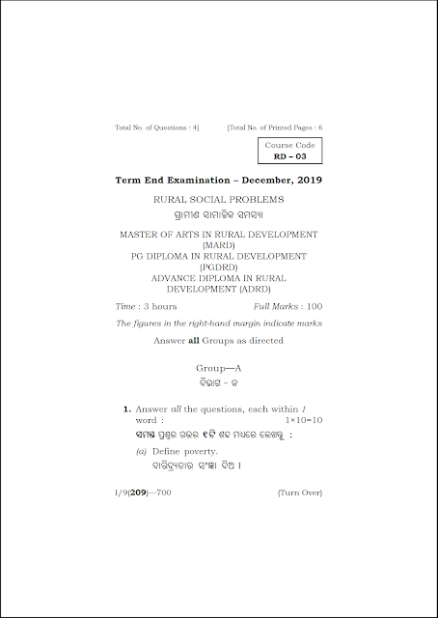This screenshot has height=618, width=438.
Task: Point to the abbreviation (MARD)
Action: [218, 245]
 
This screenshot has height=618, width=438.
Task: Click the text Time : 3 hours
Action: [146, 306]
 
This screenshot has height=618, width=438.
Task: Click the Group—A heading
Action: [218, 369]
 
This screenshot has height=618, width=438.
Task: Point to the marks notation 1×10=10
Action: [304, 421]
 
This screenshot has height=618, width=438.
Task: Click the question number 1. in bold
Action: [126, 410]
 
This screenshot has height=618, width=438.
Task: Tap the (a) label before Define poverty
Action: [141, 451]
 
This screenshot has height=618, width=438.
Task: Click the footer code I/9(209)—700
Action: [146, 492]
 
